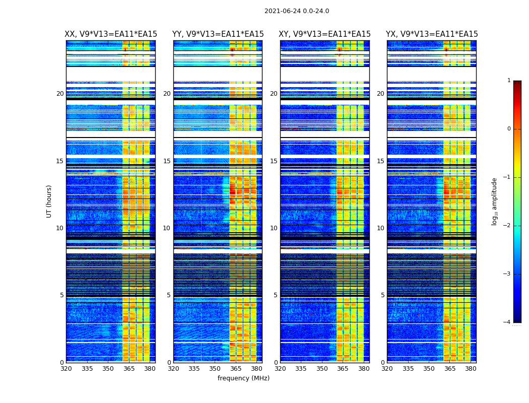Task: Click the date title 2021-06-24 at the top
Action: pyautogui.click(x=297, y=11)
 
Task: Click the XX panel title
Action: pyautogui.click(x=111, y=34)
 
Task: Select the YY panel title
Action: pyautogui.click(x=218, y=34)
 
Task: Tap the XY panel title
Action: pyautogui.click(x=325, y=34)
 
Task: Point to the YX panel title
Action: pyautogui.click(x=432, y=34)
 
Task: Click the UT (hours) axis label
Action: pyautogui.click(x=49, y=201)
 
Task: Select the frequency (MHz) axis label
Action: pyautogui.click(x=243, y=378)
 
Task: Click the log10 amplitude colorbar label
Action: pyautogui.click(x=495, y=201)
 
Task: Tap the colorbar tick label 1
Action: pyautogui.click(x=509, y=81)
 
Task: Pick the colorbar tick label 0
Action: pyautogui.click(x=509, y=129)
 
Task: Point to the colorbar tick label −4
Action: pyautogui.click(x=507, y=322)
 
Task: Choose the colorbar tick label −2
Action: pyautogui.click(x=507, y=226)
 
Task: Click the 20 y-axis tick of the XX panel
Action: pyautogui.click(x=60, y=94)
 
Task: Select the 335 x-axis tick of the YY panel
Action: pyautogui.click(x=194, y=369)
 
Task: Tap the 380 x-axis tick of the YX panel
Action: pyautogui.click(x=471, y=369)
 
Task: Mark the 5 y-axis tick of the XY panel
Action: pyautogui.click(x=276, y=295)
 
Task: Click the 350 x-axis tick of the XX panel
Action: pyautogui.click(x=108, y=369)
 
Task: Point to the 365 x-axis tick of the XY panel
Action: pyautogui.click(x=343, y=369)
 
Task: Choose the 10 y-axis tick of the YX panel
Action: pyautogui.click(x=380, y=228)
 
